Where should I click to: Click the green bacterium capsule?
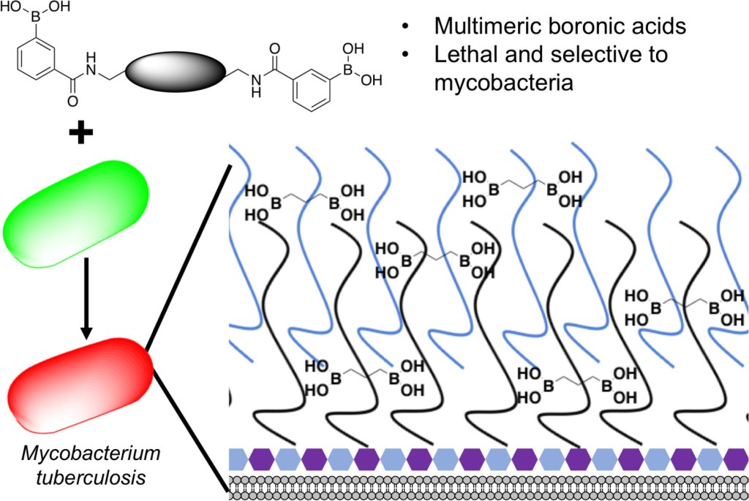point(77,213)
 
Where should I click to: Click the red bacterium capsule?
point(80,383)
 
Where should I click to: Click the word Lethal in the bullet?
point(465,54)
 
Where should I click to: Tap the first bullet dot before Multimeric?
point(405,28)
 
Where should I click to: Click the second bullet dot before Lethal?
point(405,56)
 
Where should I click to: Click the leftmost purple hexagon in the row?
point(263,459)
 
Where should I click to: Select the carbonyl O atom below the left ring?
point(72,103)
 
